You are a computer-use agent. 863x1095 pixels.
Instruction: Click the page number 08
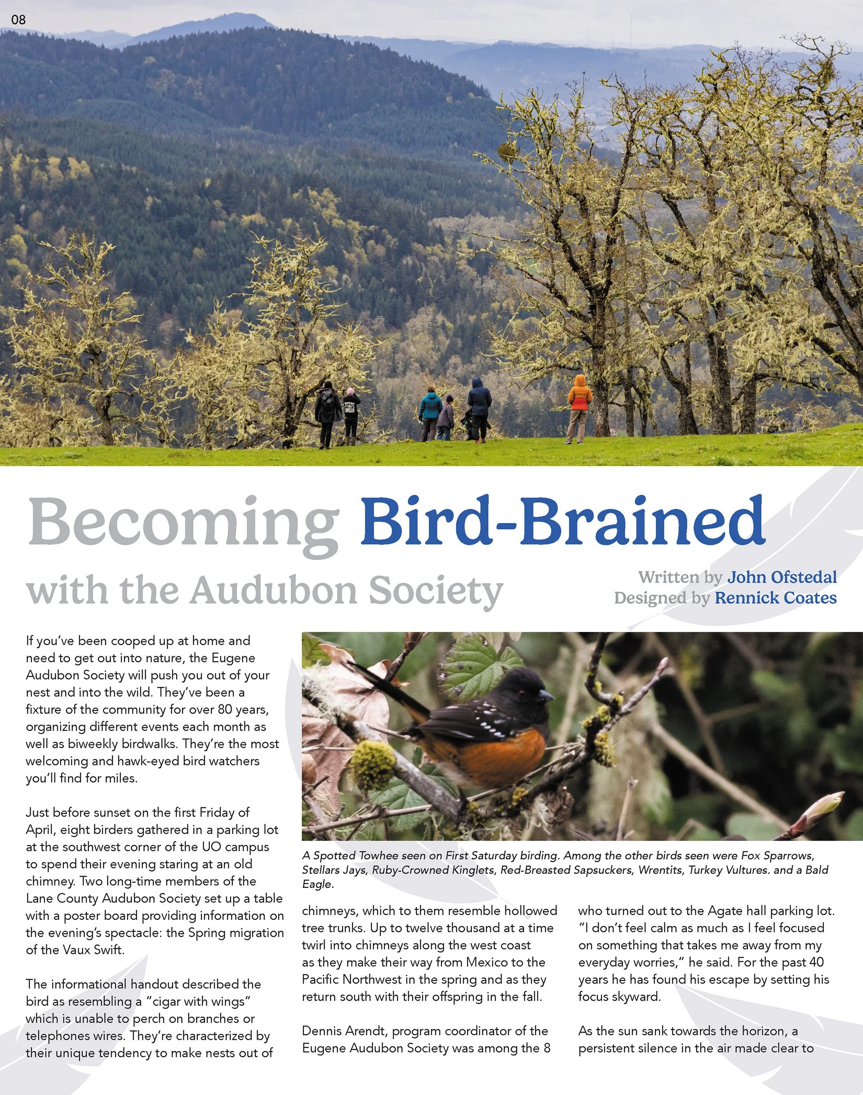tap(18, 20)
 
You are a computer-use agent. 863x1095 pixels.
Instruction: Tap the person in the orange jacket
tap(579, 404)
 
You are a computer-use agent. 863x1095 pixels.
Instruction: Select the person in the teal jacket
tap(430, 411)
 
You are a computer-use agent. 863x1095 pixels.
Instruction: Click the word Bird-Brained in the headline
tap(561, 521)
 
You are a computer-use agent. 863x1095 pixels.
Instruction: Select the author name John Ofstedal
tap(782, 577)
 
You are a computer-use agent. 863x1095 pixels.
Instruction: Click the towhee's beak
tap(547, 696)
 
